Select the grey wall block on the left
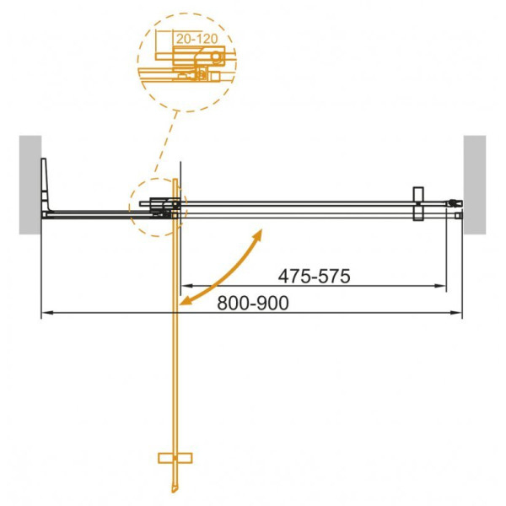pyautogui.click(x=30, y=185)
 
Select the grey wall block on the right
pyautogui.click(x=475, y=185)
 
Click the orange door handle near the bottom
pyautogui.click(x=175, y=458)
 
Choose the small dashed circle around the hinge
pyautogui.click(x=156, y=207)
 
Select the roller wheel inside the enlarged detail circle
pyautogui.click(x=218, y=57)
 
